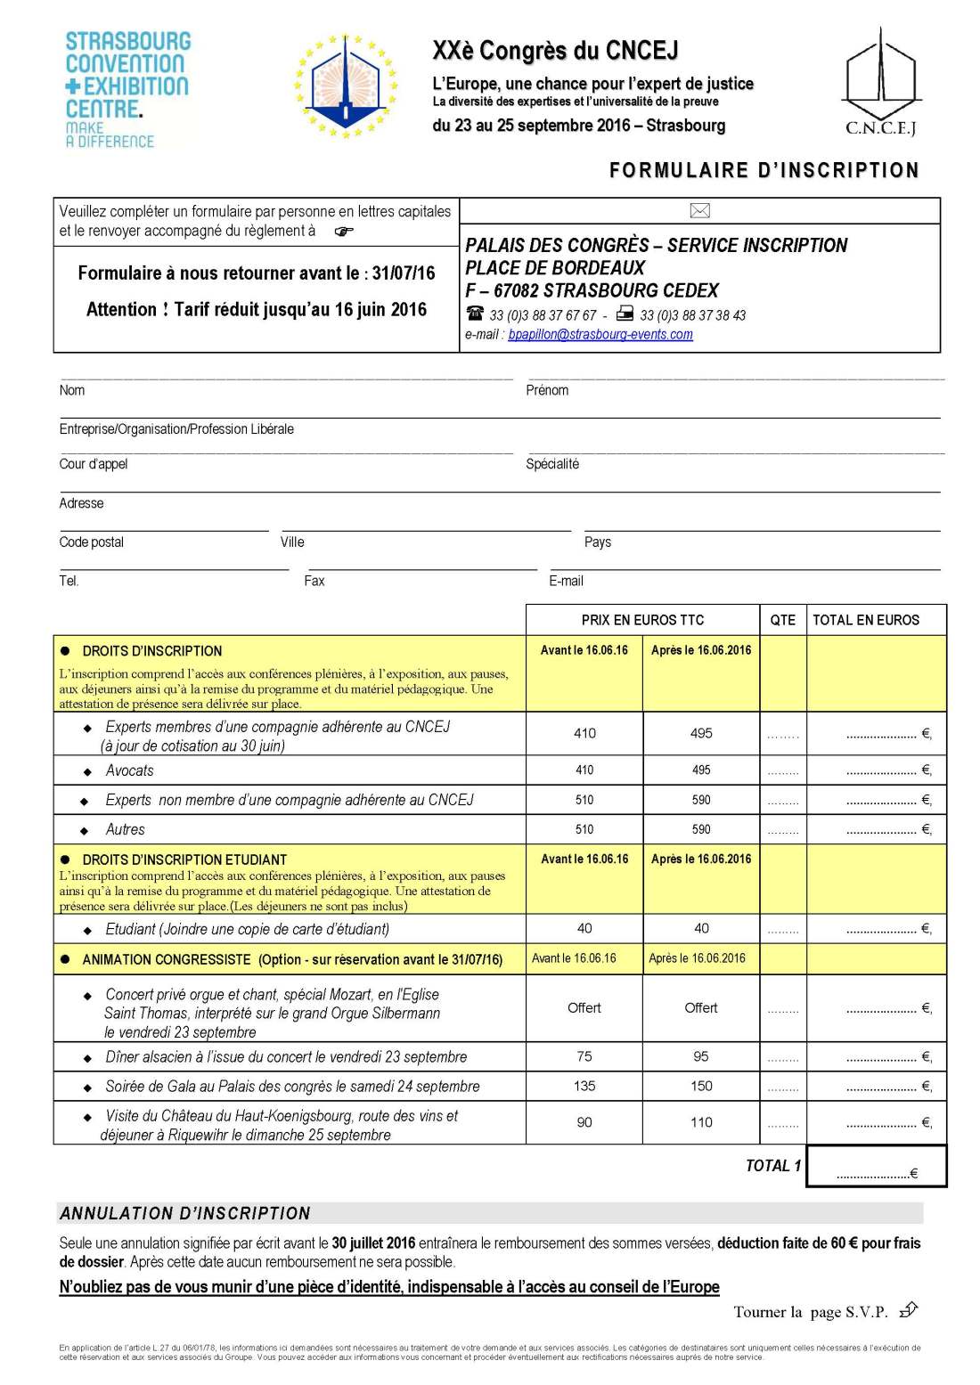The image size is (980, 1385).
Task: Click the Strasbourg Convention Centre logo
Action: pyautogui.click(x=127, y=89)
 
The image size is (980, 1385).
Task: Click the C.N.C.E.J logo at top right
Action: pyautogui.click(x=880, y=82)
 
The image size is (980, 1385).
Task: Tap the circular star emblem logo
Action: pyautogui.click(x=346, y=86)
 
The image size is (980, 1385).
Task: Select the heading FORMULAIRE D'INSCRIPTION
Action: pyautogui.click(x=764, y=170)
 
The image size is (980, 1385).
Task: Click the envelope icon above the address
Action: pyautogui.click(x=699, y=211)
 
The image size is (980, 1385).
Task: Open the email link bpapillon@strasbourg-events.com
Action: pyautogui.click(x=600, y=334)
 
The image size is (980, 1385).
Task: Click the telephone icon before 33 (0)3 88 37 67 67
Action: pyautogui.click(x=475, y=314)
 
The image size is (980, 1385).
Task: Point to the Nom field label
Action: pyautogui.click(x=72, y=390)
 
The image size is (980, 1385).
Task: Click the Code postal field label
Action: pyautogui.click(x=92, y=542)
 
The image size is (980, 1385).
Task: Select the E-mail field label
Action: pyautogui.click(x=566, y=581)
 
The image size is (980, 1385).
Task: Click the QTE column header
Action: pyautogui.click(x=782, y=620)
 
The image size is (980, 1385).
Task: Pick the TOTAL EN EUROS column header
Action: pyautogui.click(x=865, y=620)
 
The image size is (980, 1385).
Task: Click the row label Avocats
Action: pyautogui.click(x=129, y=770)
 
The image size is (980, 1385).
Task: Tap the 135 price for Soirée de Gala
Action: pyautogui.click(x=584, y=1086)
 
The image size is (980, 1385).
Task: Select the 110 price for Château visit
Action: pyautogui.click(x=701, y=1122)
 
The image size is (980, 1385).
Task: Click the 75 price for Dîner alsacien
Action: pyautogui.click(x=584, y=1056)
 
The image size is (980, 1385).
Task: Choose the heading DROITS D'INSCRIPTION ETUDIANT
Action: pyautogui.click(x=184, y=860)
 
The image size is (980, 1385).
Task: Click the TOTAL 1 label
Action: pyautogui.click(x=772, y=1166)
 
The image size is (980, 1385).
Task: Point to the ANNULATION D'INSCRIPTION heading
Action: pyautogui.click(x=185, y=1213)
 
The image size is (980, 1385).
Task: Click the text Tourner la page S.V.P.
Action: pyautogui.click(x=810, y=1312)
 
